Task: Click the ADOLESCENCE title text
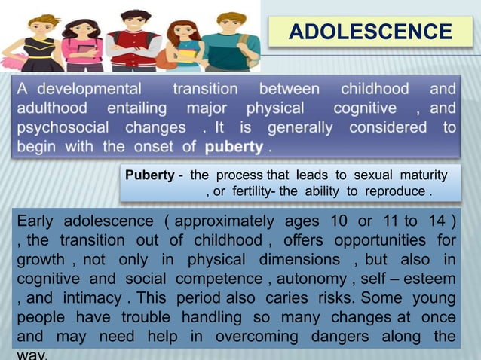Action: click(x=370, y=32)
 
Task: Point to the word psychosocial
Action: click(x=61, y=127)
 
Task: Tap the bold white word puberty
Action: click(x=234, y=145)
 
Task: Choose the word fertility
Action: click(x=250, y=191)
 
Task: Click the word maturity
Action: click(x=421, y=175)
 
